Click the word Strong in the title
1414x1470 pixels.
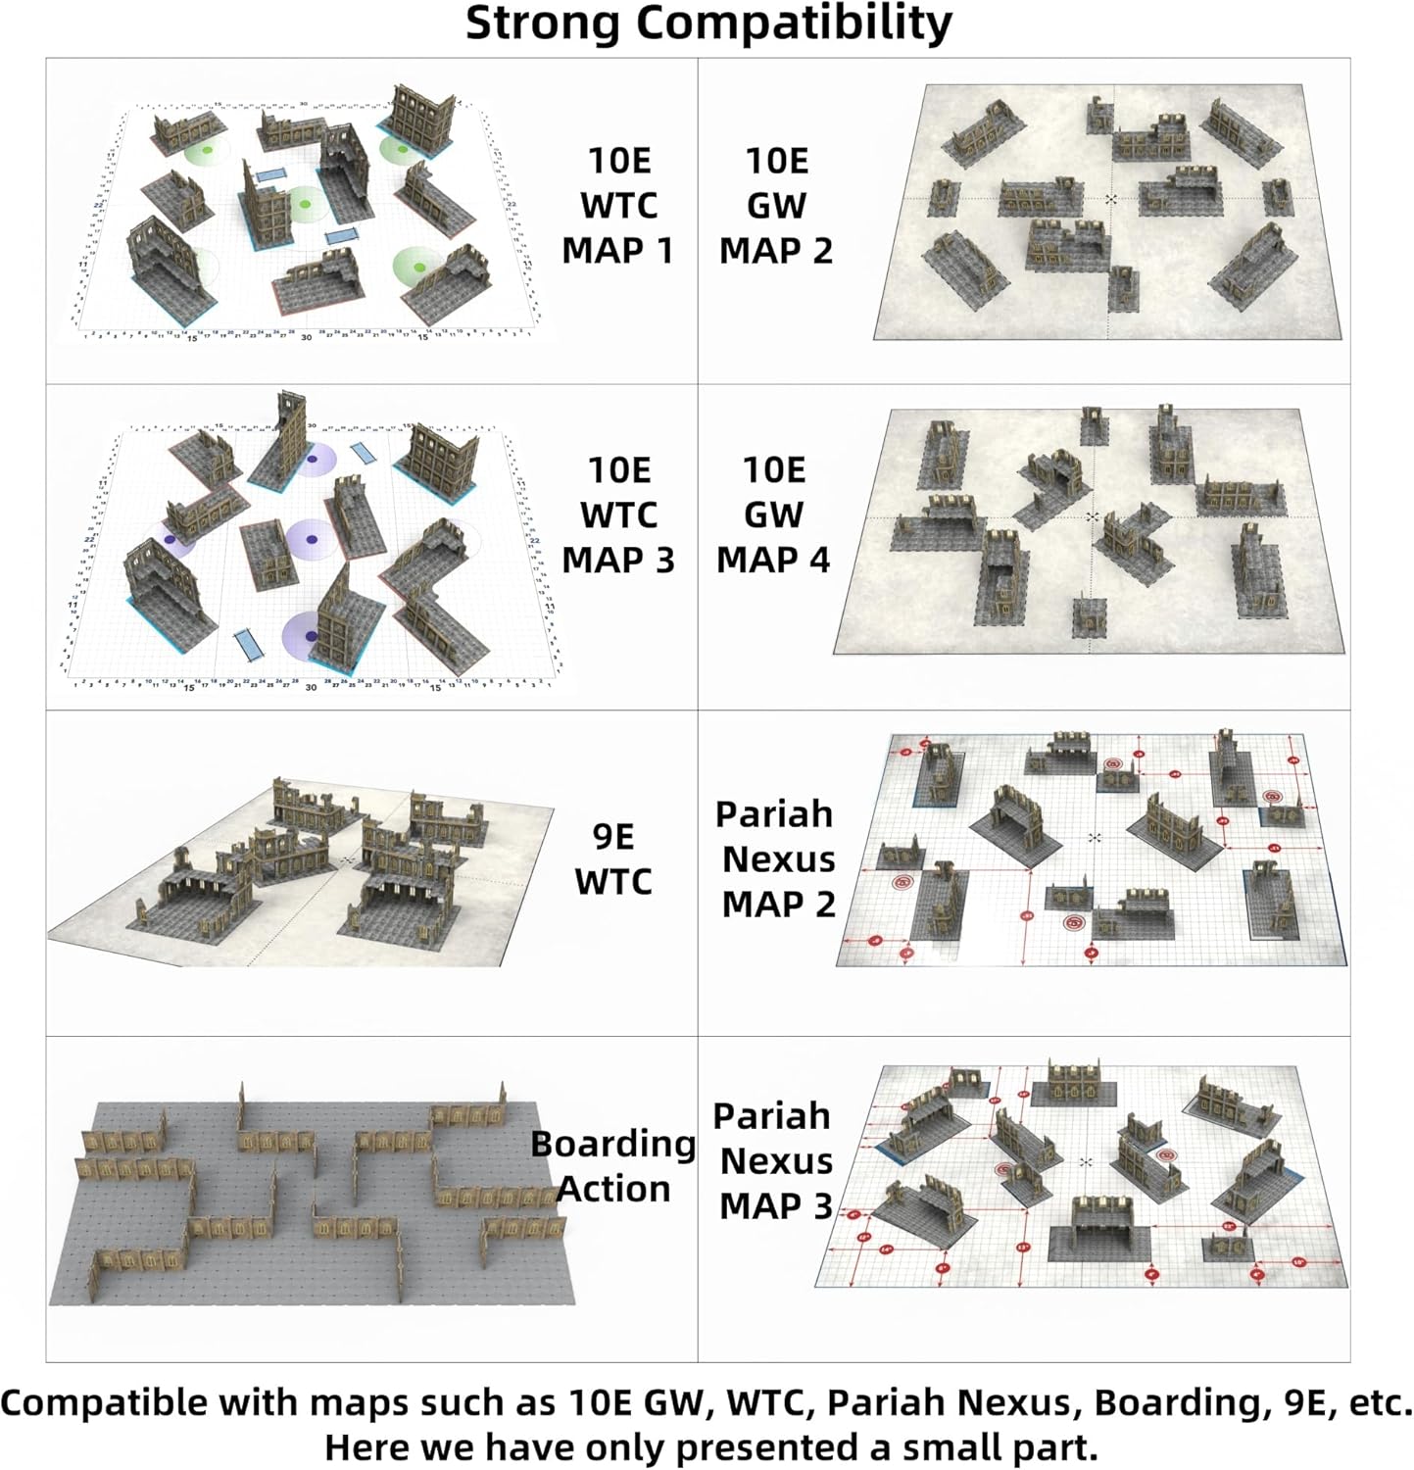point(544,24)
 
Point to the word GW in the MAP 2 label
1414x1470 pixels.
point(776,206)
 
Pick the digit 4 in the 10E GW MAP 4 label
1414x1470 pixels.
point(818,561)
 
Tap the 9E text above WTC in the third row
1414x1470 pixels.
point(613,837)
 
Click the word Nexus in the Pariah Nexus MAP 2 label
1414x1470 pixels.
point(778,859)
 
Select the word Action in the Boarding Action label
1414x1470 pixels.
point(613,1189)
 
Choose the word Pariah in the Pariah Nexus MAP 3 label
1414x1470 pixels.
point(771,1116)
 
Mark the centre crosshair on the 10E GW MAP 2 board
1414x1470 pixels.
point(1110,199)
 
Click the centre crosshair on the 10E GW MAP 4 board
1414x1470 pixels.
point(1093,516)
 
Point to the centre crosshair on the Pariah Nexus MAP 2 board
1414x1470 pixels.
point(1095,838)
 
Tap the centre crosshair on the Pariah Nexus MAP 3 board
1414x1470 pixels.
point(1085,1162)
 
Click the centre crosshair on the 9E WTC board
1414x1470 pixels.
point(348,859)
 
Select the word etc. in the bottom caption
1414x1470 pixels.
point(1380,1403)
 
